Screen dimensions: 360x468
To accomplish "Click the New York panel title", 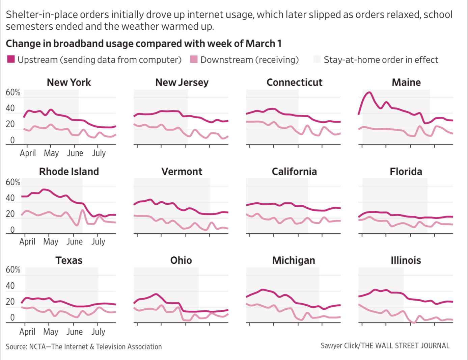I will pos(69,82).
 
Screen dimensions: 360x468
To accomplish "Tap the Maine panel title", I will pos(406,82).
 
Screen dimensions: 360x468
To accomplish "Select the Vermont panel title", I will pos(182,172).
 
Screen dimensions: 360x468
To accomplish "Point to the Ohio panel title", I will pos(181,260).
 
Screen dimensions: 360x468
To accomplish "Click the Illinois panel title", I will pos(406,260).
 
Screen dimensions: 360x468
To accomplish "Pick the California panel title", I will pos(294,172).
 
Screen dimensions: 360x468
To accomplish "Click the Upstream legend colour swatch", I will pos(11,59).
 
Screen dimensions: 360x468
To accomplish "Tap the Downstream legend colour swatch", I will pos(194,59).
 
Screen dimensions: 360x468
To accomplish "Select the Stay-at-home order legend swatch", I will pos(317,59).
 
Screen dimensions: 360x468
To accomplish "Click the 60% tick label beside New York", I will pos(13,93).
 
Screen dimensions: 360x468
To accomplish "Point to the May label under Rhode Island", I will pos(51,242).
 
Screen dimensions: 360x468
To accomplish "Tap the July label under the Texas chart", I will pos(98,332).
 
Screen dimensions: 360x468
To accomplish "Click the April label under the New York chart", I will pos(28,153).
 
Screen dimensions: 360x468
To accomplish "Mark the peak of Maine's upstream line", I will pos(370,92).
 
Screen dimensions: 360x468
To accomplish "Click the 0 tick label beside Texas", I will pos(12,317).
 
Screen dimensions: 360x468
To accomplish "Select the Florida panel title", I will pos(406,172).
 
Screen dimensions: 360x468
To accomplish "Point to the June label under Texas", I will pos(75,332).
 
